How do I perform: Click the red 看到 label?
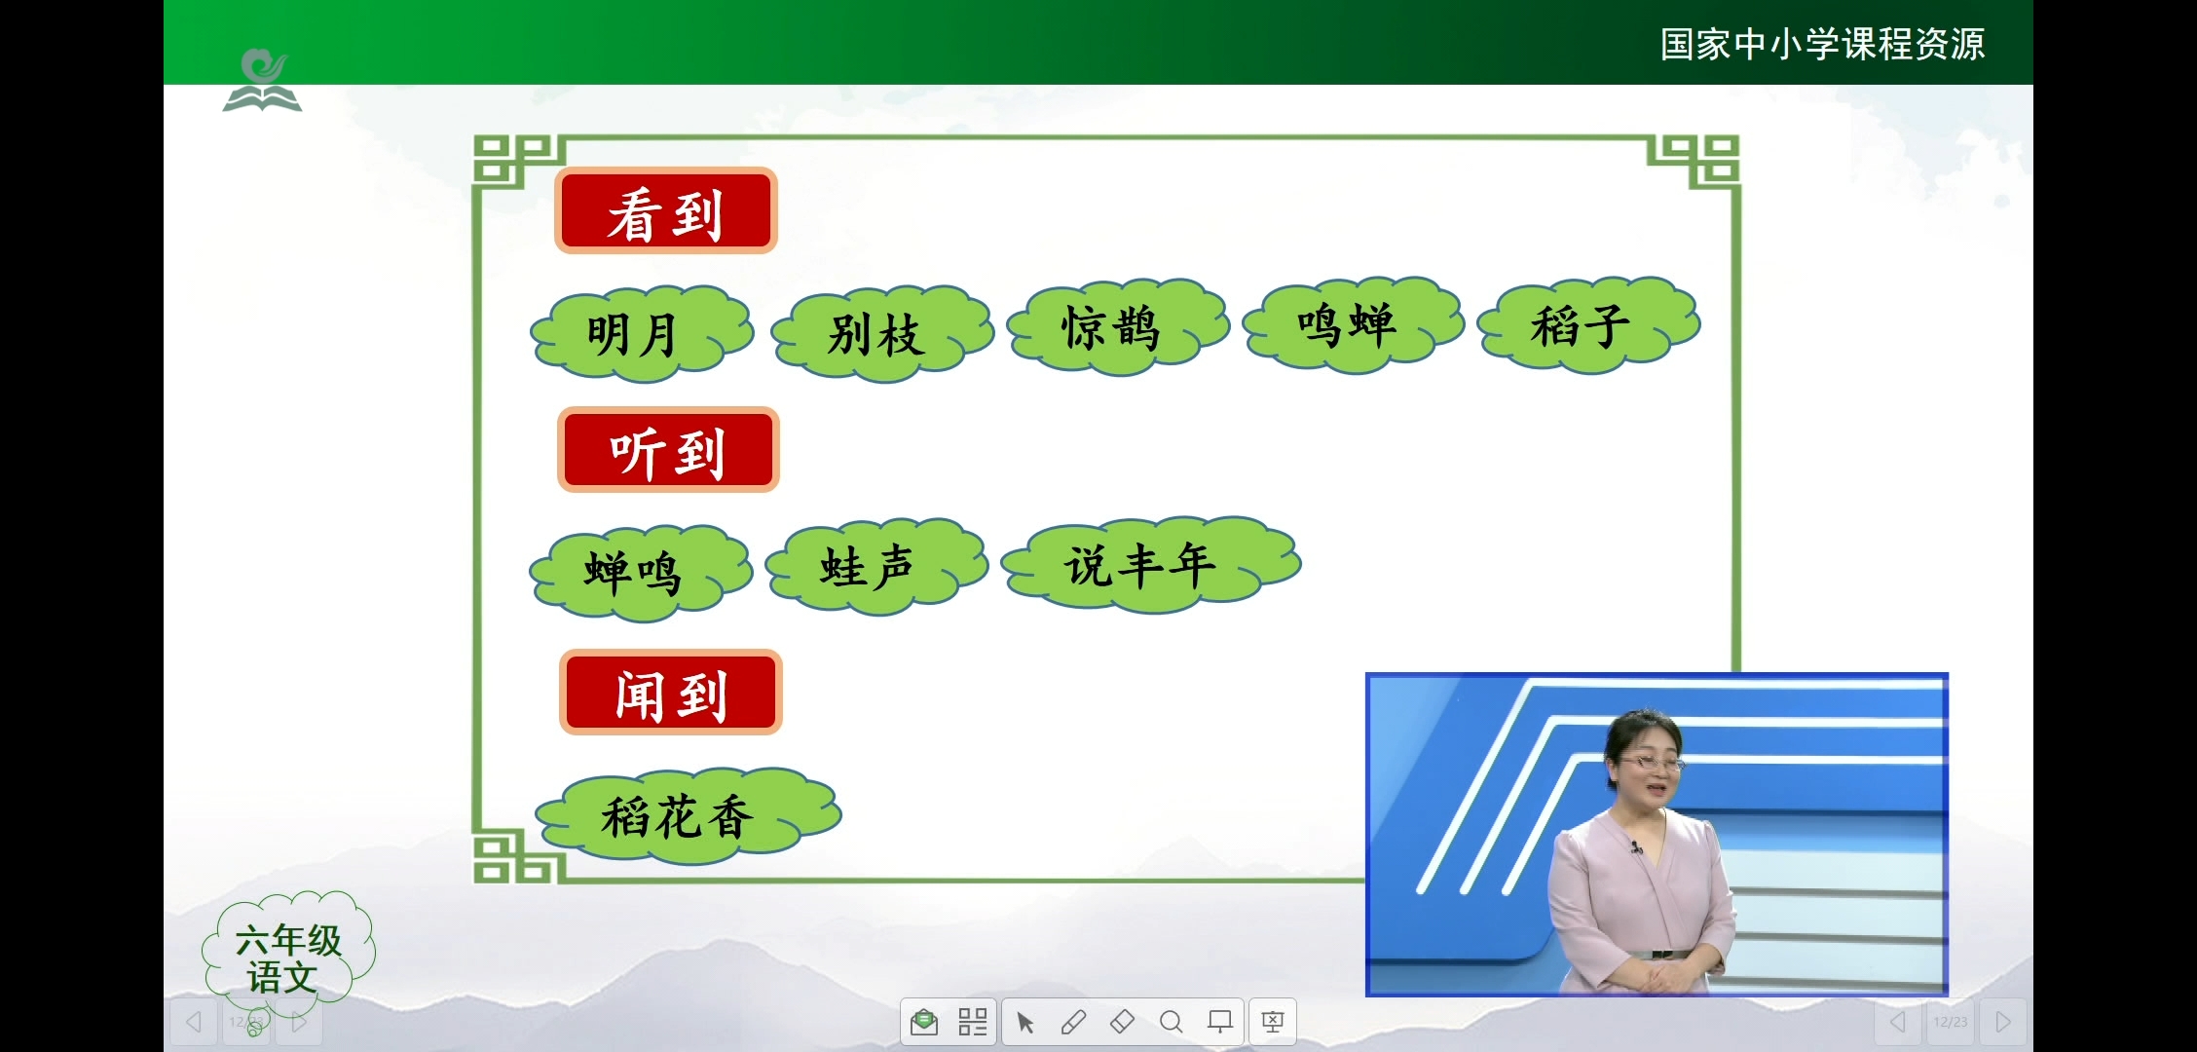click(x=666, y=211)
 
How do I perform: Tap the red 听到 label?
click(x=668, y=450)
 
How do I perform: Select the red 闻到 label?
click(x=671, y=693)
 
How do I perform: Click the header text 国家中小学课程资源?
click(x=1822, y=44)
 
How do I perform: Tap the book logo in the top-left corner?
click(x=262, y=81)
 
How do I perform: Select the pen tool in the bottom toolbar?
click(x=1073, y=1022)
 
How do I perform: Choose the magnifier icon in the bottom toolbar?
click(x=1171, y=1022)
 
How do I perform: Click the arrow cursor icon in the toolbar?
click(x=1024, y=1022)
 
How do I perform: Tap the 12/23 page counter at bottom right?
click(x=1951, y=1022)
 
